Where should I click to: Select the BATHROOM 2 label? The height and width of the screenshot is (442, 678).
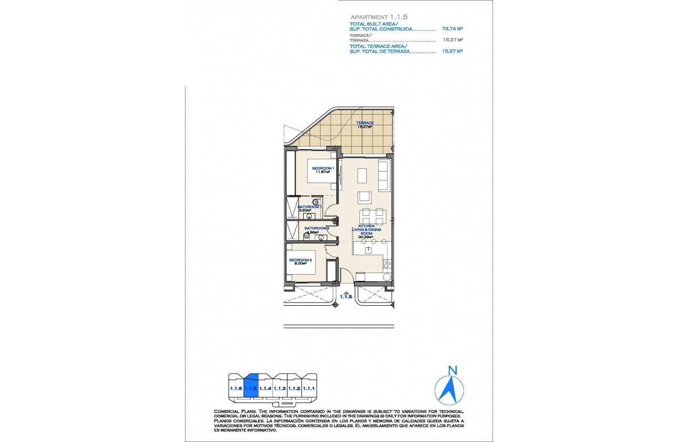coord(316,228)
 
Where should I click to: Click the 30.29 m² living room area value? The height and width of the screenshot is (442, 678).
coord(365,237)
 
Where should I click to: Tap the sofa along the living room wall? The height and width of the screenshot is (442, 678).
coord(384,176)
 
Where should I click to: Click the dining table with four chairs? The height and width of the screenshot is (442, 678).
coord(373,216)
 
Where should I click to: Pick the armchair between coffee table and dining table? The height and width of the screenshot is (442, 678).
coord(364,197)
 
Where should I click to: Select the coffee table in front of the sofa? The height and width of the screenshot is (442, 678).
coord(363,175)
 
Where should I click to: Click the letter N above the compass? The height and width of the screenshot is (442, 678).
coord(450,371)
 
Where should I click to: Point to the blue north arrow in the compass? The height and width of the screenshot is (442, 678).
coord(449,389)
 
